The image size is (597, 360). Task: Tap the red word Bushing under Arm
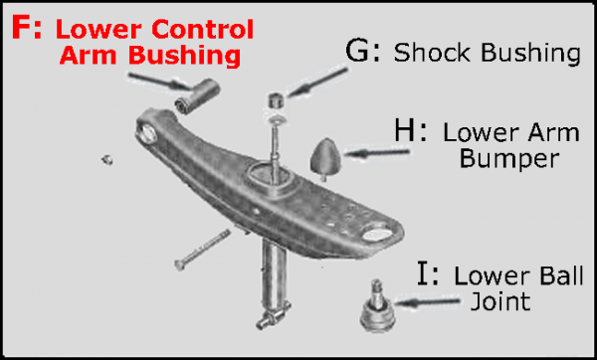pyautogui.click(x=191, y=56)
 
